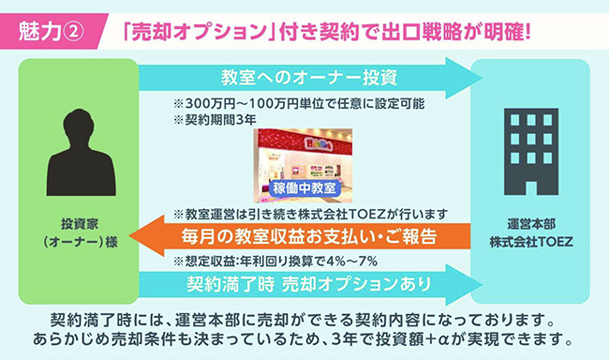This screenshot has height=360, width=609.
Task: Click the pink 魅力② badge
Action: pos(52,32)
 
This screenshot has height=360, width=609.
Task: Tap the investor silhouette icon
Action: pos(81,152)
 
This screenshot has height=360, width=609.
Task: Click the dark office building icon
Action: pos(531,152)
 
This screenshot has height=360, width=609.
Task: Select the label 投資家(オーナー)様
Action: pos(81,232)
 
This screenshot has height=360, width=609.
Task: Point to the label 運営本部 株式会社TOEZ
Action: pos(531,232)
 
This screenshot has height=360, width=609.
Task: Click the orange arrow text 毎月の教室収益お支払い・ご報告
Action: pos(309,236)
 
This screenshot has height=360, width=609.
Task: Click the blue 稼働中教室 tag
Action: pos(304,188)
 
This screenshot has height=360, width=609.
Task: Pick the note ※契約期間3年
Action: pos(215,120)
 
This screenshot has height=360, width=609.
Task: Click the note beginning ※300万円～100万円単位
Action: pos(299,104)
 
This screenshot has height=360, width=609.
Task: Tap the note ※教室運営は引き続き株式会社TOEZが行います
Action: pos(310,214)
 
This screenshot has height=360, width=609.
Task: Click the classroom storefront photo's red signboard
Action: pos(303,141)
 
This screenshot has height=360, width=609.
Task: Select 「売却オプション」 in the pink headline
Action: pos(199,32)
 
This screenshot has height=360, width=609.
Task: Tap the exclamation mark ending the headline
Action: pos(527,32)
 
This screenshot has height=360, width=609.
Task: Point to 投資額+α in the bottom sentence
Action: pos(412,339)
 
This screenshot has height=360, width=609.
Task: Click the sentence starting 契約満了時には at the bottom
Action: pos(303,321)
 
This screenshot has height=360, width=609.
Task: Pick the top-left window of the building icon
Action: pos(515,120)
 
